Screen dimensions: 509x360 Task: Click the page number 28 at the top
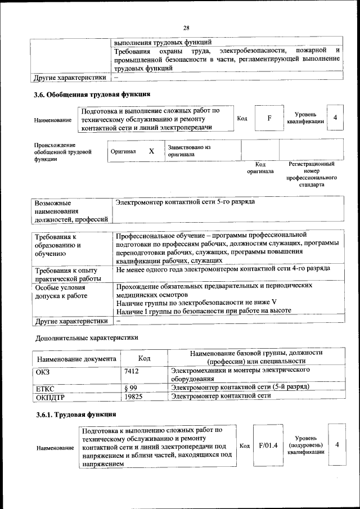[x=186, y=28]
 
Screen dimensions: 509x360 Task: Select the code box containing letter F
[x=269, y=118]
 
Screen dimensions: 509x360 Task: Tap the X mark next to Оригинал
[x=151, y=151]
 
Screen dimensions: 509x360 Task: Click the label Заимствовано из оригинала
[x=188, y=150]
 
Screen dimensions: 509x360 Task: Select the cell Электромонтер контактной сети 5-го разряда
[x=185, y=201]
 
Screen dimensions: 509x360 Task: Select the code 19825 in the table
[x=133, y=396]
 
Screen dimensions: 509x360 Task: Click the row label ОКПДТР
[x=51, y=397]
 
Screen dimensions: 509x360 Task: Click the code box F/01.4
[x=268, y=445]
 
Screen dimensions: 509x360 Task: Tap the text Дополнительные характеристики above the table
[x=87, y=337]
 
